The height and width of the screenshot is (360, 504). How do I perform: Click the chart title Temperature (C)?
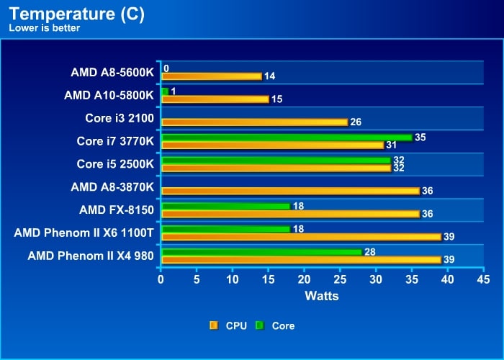pos(77,14)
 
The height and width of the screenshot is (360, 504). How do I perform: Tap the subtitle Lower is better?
pos(45,28)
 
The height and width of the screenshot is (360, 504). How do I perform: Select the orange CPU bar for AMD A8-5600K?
pos(212,76)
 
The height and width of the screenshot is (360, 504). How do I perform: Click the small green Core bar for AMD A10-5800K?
pos(165,91)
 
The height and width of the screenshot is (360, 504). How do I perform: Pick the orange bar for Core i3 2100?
pos(255,122)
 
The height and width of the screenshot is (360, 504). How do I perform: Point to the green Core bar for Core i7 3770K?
pos(287,138)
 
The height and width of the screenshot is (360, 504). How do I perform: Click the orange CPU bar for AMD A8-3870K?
pos(291,191)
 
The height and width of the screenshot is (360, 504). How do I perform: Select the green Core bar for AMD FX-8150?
pos(226,207)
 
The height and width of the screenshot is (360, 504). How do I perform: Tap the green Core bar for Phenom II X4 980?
pos(262,252)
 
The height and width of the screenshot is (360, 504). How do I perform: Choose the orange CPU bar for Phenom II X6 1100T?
pos(302,237)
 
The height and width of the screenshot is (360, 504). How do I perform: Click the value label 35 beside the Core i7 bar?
pos(420,138)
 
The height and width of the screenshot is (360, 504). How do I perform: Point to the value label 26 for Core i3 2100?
pos(356,122)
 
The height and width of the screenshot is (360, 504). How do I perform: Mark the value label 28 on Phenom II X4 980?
pos(370,252)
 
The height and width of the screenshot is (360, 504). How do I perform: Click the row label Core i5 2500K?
pos(115,164)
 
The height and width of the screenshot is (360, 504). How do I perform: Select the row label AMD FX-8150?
pos(117,210)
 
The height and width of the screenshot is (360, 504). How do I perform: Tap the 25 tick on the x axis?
pos(340,279)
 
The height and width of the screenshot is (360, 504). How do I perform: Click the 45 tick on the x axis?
pos(483,279)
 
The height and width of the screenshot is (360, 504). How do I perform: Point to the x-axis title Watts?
pos(322,296)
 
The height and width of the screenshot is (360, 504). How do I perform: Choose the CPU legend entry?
pos(228,326)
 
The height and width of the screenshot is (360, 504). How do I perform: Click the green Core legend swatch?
pos(260,326)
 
